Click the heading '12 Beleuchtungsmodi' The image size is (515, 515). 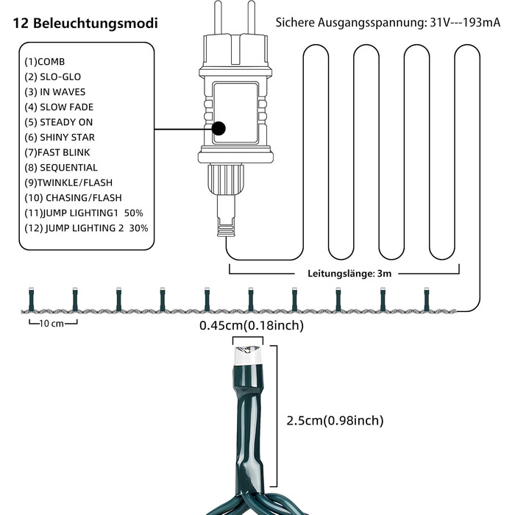(85, 23)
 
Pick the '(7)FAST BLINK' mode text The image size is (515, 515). (60, 152)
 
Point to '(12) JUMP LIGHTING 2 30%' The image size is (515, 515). (86, 228)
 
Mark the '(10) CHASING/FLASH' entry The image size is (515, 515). (73, 198)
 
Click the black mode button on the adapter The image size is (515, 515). (219, 129)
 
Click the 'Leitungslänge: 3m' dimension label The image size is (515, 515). (345, 273)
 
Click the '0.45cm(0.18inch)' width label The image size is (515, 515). (252, 324)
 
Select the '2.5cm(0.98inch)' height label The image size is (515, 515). (335, 421)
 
